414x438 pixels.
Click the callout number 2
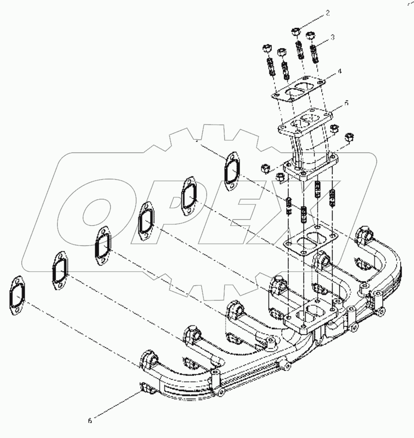(x=328, y=13)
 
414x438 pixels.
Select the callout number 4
(x=338, y=71)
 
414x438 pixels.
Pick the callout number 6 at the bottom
(x=90, y=421)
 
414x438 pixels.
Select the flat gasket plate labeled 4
(x=295, y=92)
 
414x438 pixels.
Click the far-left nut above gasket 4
(x=267, y=48)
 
